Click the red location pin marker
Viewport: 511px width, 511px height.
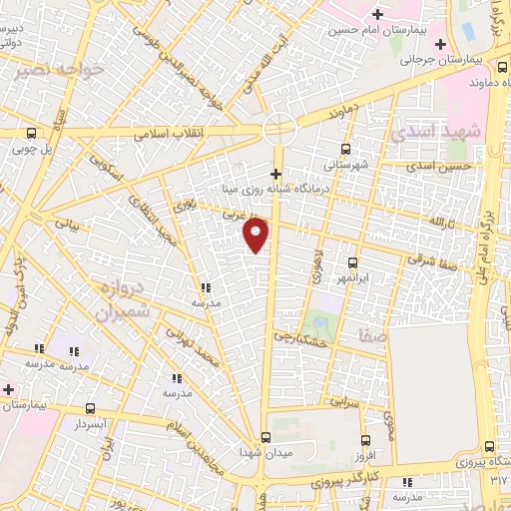pos(256,235)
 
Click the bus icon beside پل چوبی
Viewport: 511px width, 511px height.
pos(32,133)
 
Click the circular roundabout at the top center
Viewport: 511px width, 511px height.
pos(278,128)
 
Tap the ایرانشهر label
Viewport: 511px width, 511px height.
pos(353,274)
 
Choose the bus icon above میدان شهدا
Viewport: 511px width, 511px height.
pos(265,437)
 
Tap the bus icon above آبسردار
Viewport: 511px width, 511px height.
pos(91,407)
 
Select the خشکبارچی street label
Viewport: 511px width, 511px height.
pos(301,340)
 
